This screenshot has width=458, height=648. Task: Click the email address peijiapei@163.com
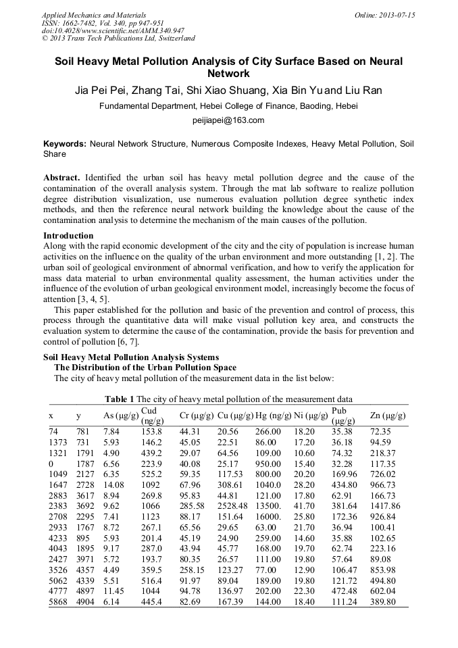click(x=229, y=121)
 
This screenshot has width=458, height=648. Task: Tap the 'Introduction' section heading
click(x=68, y=236)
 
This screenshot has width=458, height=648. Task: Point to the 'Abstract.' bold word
click(x=63, y=178)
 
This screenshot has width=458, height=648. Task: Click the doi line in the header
click(x=113, y=30)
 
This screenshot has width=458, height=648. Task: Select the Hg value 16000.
click(x=270, y=516)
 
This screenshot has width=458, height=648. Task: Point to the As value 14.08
click(x=113, y=484)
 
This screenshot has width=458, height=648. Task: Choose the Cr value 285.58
click(x=193, y=505)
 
